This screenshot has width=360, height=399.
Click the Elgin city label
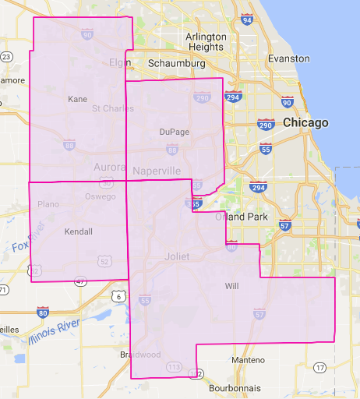point(120,62)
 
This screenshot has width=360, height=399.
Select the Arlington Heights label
point(206,42)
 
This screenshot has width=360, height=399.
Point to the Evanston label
point(288,58)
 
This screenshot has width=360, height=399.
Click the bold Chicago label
point(305,123)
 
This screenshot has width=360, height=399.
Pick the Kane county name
point(78,99)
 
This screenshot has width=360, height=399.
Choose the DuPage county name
point(174,132)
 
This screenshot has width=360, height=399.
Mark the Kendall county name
point(78,231)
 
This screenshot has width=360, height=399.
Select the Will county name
point(231,286)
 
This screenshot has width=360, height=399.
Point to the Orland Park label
point(246,216)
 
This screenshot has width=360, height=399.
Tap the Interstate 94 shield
point(246,19)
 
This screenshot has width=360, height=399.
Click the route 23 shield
point(6,56)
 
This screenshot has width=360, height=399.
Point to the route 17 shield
point(319,367)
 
